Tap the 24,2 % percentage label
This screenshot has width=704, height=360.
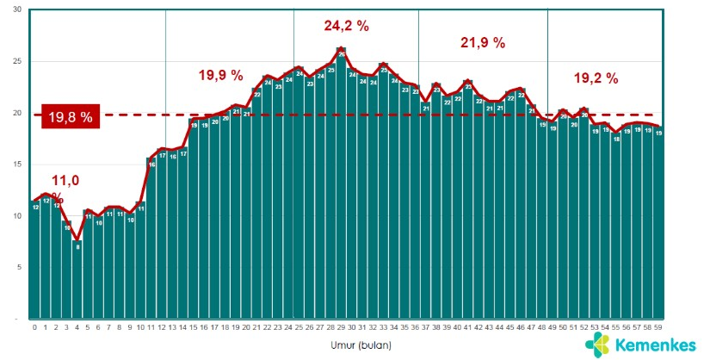[346, 26]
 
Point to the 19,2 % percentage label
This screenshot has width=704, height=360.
[596, 78]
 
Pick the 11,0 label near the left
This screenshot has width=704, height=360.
[65, 181]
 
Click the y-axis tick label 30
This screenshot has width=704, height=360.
[18, 10]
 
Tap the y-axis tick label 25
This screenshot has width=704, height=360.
[18, 61]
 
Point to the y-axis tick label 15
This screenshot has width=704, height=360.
[18, 164]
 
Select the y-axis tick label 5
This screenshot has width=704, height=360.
[20, 267]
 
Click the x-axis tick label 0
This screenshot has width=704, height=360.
[35, 327]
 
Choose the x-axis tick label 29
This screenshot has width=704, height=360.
[342, 327]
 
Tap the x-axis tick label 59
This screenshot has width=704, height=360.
[658, 327]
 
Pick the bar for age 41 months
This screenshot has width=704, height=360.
[468, 207]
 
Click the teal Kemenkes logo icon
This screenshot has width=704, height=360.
[601, 344]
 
